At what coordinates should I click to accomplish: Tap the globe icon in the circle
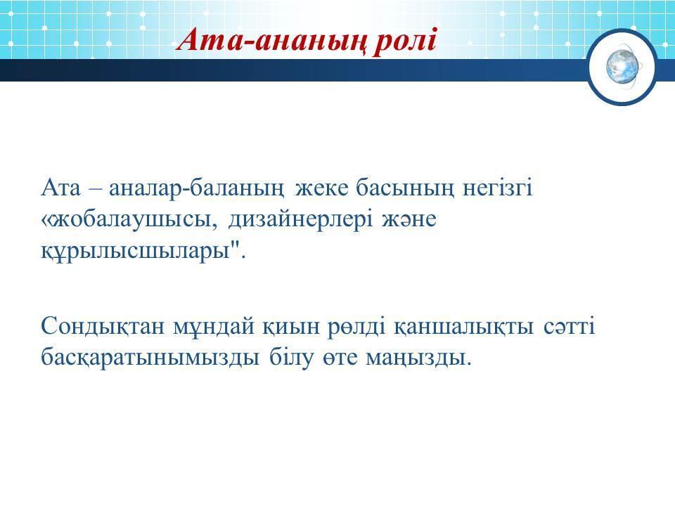[x=622, y=67]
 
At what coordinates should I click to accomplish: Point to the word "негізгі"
[x=497, y=188]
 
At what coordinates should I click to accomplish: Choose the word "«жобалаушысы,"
[x=131, y=220]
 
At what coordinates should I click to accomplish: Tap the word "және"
[x=409, y=219]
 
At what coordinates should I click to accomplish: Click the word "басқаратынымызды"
[x=150, y=358]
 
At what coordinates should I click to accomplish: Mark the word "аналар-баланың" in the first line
[x=196, y=189]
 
